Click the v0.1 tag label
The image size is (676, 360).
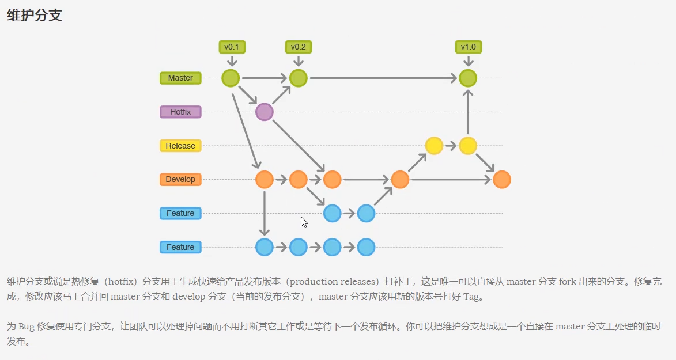pyautogui.click(x=231, y=47)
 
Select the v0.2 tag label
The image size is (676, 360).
pyautogui.click(x=298, y=47)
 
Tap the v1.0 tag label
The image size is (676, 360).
pyautogui.click(x=468, y=47)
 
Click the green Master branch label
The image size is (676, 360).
pyautogui.click(x=180, y=78)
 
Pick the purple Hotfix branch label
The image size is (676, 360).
pyautogui.click(x=180, y=112)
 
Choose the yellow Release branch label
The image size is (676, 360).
pyautogui.click(x=180, y=146)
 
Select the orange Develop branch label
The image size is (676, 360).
pyautogui.click(x=180, y=179)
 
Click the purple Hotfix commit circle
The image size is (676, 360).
pyautogui.click(x=264, y=112)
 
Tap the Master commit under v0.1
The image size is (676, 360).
pyautogui.click(x=231, y=78)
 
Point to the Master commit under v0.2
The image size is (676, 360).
pyautogui.click(x=298, y=78)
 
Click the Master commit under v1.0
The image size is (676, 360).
pyautogui.click(x=468, y=78)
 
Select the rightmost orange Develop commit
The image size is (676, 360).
pyautogui.click(x=502, y=180)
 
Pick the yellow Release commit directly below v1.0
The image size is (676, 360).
pyautogui.click(x=468, y=146)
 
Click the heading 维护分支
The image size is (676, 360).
pyautogui.click(x=35, y=16)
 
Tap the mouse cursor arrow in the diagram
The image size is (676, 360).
pyautogui.click(x=304, y=222)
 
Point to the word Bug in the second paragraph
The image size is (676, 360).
pyautogui.click(x=27, y=326)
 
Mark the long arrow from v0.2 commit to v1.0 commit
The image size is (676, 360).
pyautogui.click(x=383, y=78)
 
